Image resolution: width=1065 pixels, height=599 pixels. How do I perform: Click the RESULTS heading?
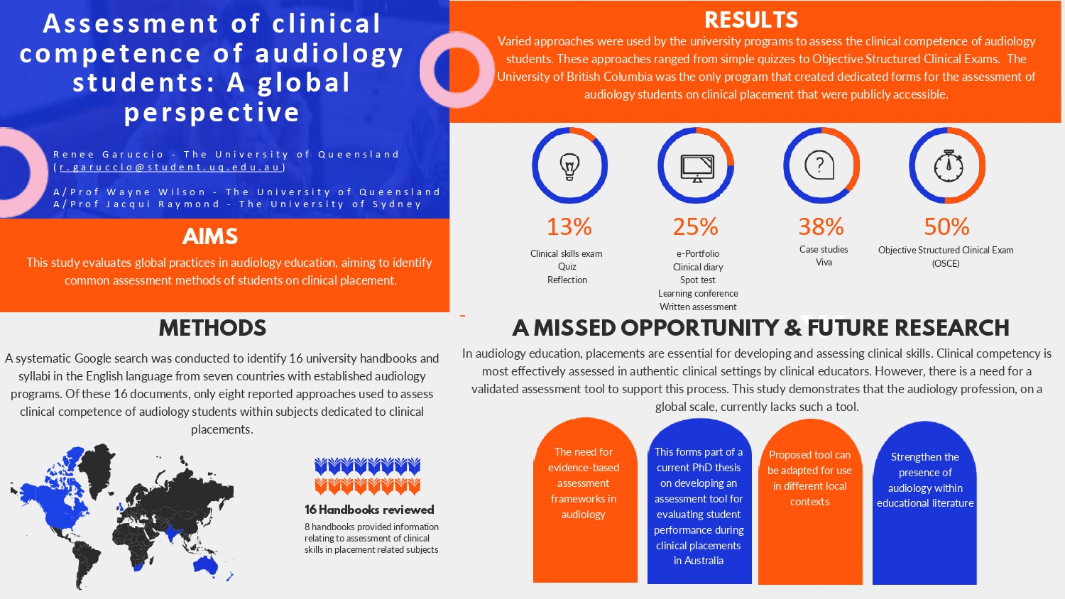[x=751, y=20]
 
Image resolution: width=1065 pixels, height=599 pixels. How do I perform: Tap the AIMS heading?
[x=210, y=236]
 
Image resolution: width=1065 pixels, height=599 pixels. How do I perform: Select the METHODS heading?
[x=212, y=328]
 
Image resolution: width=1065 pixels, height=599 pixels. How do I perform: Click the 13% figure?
[x=569, y=226]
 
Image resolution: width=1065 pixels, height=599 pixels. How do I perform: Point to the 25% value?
[x=695, y=226]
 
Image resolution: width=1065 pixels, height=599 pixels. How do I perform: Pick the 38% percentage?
[x=821, y=226]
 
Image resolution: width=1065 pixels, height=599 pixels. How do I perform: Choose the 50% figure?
[x=946, y=226]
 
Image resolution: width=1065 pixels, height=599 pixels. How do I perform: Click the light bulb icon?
[x=569, y=166]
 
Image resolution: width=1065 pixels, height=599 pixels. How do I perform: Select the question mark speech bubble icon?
[x=819, y=165]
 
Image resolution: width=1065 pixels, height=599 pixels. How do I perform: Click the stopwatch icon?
[x=949, y=166]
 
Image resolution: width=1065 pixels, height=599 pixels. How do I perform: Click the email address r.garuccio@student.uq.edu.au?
[x=170, y=167]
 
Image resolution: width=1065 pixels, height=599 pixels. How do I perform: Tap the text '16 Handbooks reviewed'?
[x=369, y=510]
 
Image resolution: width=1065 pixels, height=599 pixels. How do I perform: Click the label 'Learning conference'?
[x=698, y=293]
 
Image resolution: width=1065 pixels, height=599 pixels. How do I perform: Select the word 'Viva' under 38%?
[x=824, y=263]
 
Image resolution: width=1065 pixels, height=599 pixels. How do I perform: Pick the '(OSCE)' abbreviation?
[x=946, y=263]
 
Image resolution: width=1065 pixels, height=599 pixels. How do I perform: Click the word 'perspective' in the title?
[x=212, y=112]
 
